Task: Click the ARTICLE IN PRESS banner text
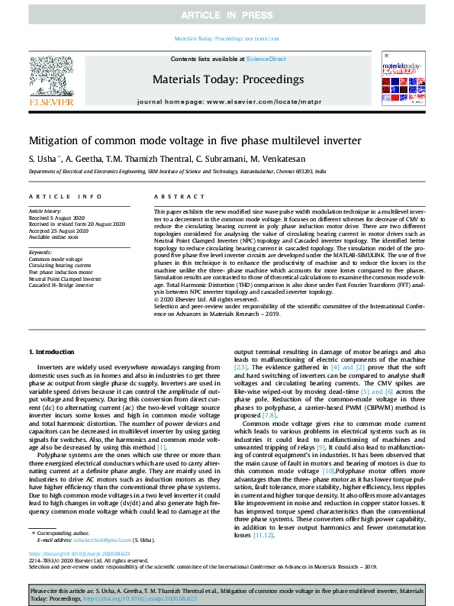(x=227, y=15)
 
